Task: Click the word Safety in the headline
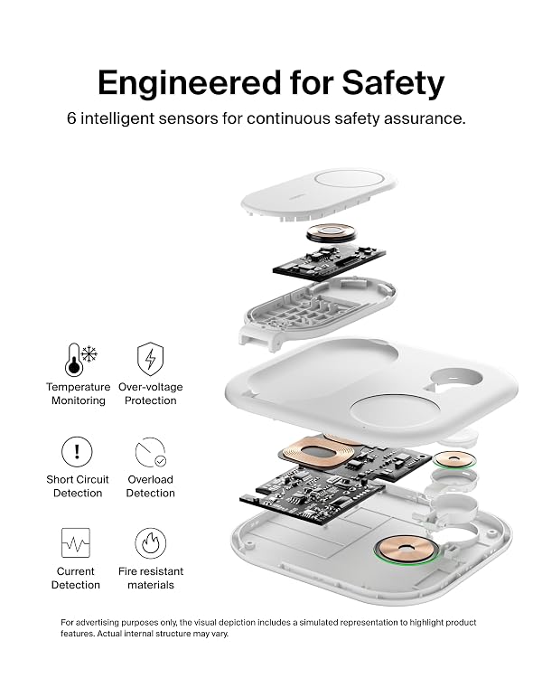tap(393, 83)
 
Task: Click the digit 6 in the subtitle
tap(71, 118)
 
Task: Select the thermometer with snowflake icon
tap(80, 359)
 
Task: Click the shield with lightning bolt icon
tap(150, 359)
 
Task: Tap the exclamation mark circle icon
tap(77, 451)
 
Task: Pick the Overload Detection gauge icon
tap(151, 452)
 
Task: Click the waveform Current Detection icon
tap(76, 542)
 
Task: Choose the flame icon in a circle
tap(151, 543)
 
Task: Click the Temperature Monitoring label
tap(79, 393)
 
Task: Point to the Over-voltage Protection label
tap(151, 393)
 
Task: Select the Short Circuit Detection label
tap(78, 486)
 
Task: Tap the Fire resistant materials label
tap(151, 579)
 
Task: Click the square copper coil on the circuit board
tap(319, 451)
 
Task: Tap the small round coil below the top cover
tap(332, 232)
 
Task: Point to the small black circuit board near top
tap(329, 260)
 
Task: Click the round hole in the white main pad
tap(454, 379)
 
